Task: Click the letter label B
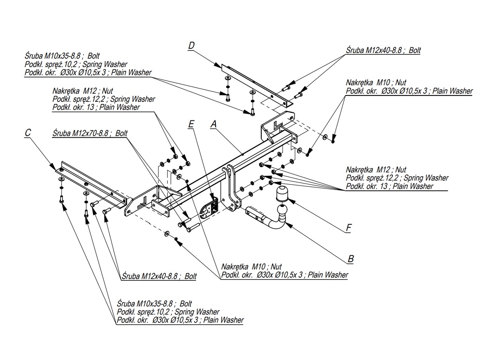click(350, 259)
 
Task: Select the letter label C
click(27, 133)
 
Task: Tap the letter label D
click(191, 46)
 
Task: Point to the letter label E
click(191, 124)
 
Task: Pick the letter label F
click(349, 228)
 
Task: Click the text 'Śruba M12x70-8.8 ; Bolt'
click(89, 134)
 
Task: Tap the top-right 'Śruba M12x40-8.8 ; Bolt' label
click(383, 51)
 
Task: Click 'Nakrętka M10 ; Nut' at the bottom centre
click(252, 267)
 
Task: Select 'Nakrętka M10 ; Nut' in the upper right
click(376, 83)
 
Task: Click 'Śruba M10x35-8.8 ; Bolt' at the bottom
click(155, 303)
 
